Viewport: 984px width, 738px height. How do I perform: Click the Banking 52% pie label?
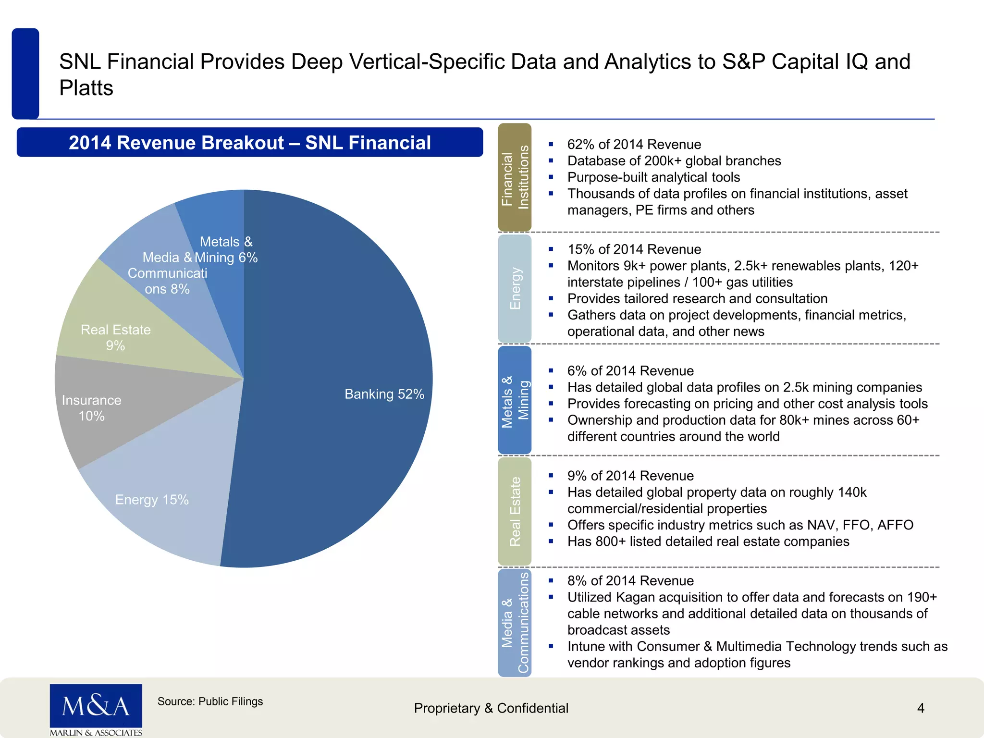coord(384,394)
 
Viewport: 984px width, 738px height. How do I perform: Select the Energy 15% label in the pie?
coord(152,500)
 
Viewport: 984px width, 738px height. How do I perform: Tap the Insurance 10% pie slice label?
coord(91,408)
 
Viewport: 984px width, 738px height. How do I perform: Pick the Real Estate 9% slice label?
coord(115,337)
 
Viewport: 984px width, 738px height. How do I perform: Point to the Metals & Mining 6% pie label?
coord(226,249)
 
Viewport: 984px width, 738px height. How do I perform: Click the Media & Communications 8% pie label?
coord(167,273)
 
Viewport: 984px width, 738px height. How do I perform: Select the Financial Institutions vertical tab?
coord(515,177)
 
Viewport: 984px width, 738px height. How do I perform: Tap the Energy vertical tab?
coord(515,288)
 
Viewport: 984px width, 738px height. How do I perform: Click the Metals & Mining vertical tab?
coord(515,400)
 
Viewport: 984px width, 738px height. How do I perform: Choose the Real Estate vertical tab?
coord(515,511)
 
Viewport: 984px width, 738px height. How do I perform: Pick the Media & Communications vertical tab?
coord(515,623)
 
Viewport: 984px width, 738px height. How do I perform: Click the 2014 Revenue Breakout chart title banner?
coord(250,142)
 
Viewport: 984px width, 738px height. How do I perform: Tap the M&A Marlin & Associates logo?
coord(96,710)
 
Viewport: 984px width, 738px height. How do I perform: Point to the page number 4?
coord(921,708)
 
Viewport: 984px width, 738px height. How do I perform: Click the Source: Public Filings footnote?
coord(210,701)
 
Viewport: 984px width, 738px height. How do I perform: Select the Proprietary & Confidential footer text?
coord(491,708)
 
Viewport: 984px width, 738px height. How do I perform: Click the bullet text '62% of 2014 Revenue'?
coord(634,145)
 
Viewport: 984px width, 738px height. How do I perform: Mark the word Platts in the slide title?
coord(86,88)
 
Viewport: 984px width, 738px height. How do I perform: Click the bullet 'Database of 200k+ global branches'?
coord(674,161)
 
